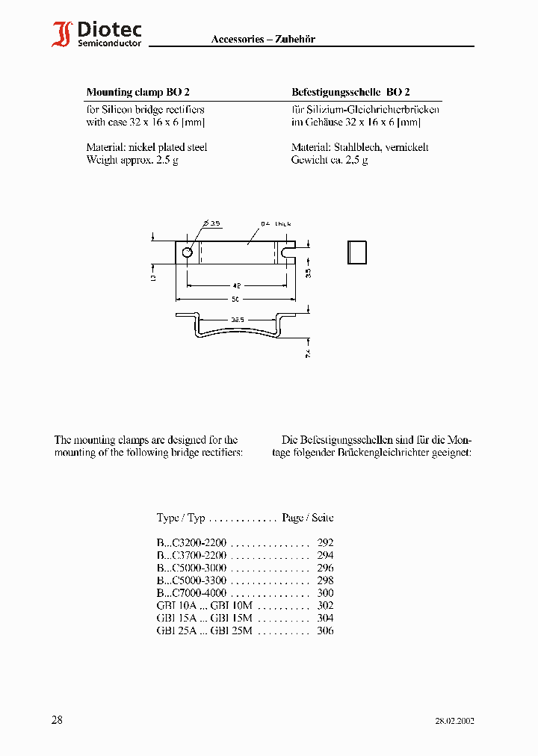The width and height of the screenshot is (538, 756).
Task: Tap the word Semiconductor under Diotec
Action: pyautogui.click(x=110, y=44)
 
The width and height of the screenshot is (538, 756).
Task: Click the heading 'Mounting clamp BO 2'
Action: pyautogui.click(x=138, y=93)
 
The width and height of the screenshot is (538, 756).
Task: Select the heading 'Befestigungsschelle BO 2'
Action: pyautogui.click(x=350, y=93)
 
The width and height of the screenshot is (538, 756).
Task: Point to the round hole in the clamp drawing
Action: pyautogui.click(x=187, y=252)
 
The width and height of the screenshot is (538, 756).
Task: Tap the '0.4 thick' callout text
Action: pyautogui.click(x=276, y=223)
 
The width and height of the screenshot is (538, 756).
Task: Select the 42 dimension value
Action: pyautogui.click(x=237, y=285)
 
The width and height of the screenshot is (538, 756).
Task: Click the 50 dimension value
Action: pyautogui.click(x=237, y=300)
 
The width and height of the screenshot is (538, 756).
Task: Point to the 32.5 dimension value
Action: pyautogui.click(x=238, y=320)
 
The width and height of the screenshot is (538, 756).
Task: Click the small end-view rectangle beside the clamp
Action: pyautogui.click(x=358, y=252)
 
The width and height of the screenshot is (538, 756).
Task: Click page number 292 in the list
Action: pyautogui.click(x=325, y=543)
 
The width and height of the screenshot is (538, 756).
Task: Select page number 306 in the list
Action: pyautogui.click(x=325, y=630)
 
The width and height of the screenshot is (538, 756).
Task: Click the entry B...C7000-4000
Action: pyautogui.click(x=191, y=593)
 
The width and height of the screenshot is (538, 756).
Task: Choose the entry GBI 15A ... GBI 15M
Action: pyautogui.click(x=205, y=619)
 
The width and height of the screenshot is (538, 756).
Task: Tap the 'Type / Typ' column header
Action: pyautogui.click(x=181, y=518)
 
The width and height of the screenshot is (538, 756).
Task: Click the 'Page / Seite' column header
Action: pyautogui.click(x=308, y=518)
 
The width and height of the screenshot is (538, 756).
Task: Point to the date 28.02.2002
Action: pyautogui.click(x=454, y=721)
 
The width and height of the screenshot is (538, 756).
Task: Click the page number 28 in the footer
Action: pyautogui.click(x=57, y=720)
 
